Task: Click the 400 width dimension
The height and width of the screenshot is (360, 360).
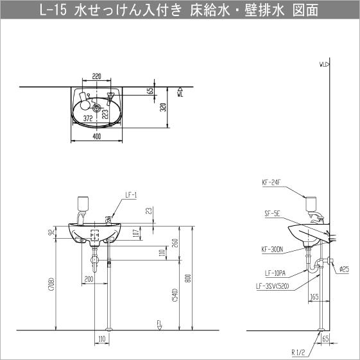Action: [96, 136]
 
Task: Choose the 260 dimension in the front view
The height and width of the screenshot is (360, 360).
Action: [174, 243]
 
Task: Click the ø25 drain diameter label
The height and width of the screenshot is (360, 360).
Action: [344, 269]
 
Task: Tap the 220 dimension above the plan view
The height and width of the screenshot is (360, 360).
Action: [96, 75]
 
